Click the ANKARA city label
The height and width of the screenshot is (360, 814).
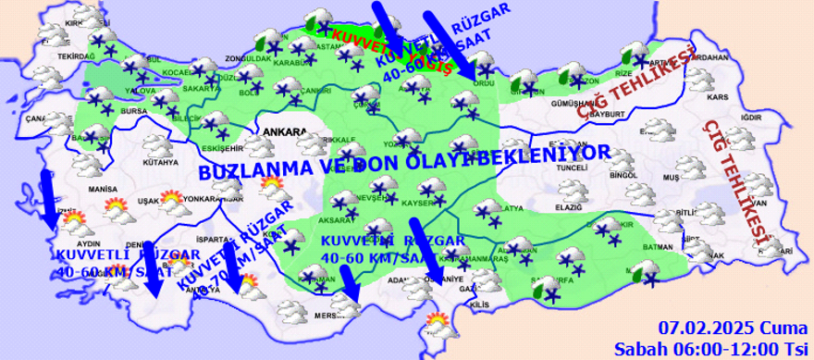(x=284, y=131)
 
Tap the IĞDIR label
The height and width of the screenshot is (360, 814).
(x=752, y=118)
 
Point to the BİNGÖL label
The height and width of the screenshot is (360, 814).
(x=624, y=174)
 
